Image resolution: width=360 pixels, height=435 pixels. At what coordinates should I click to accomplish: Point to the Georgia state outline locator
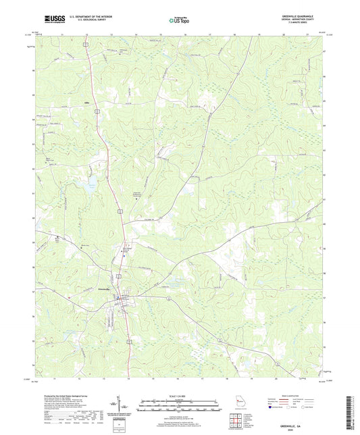(235, 404)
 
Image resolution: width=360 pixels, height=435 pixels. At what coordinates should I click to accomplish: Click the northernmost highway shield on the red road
(85, 43)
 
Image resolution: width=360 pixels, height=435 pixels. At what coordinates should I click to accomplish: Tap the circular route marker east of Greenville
(168, 298)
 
